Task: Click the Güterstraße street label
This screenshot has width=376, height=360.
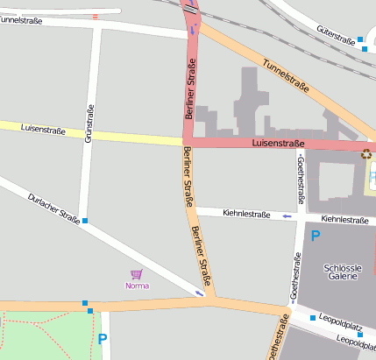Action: [335, 32]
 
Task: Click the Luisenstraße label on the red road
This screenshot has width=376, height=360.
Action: [278, 143]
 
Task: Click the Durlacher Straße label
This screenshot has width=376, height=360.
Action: [54, 208]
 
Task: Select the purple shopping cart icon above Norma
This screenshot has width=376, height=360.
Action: [137, 274]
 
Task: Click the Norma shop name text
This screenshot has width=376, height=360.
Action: [137, 286]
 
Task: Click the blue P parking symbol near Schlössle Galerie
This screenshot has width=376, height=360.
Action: [316, 236]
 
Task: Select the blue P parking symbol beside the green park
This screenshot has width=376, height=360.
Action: [103, 339]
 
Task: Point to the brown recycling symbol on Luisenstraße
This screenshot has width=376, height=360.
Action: [365, 154]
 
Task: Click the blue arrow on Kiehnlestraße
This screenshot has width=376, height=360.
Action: [287, 215]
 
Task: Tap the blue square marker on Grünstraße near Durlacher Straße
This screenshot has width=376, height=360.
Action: [85, 221]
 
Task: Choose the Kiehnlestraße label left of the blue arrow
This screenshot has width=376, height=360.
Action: [246, 213]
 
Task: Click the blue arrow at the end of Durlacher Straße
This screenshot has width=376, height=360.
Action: [201, 293]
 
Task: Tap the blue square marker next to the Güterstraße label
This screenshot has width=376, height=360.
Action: [360, 39]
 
